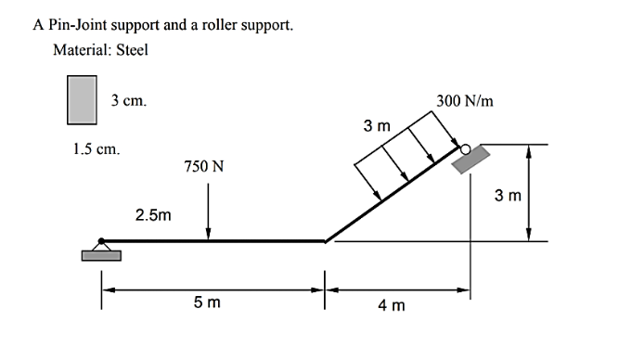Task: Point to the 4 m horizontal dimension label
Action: pyautogui.click(x=391, y=306)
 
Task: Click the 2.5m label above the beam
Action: pyautogui.click(x=153, y=215)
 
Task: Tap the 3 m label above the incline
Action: pyautogui.click(x=376, y=125)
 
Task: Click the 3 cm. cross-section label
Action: pyautogui.click(x=127, y=98)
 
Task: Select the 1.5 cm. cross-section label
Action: pyautogui.click(x=95, y=148)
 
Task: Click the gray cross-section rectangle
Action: pyautogui.click(x=83, y=100)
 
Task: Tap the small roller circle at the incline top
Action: pyautogui.click(x=466, y=146)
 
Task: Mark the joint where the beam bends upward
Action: pyautogui.click(x=324, y=241)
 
